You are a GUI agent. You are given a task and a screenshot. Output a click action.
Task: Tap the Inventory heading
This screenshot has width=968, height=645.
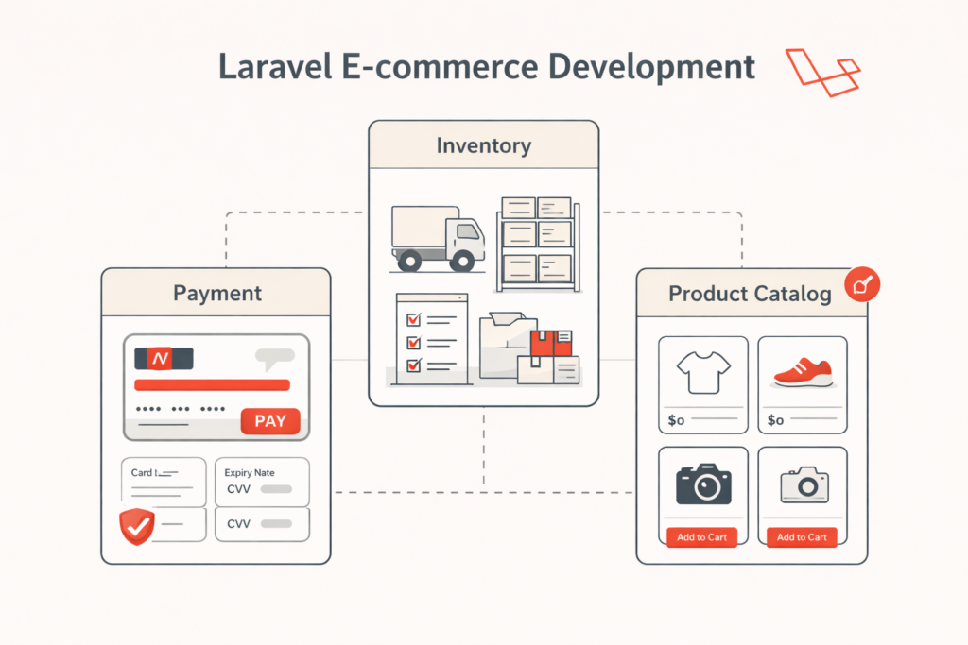(x=483, y=145)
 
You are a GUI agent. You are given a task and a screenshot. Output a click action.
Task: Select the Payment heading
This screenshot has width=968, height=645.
(x=216, y=293)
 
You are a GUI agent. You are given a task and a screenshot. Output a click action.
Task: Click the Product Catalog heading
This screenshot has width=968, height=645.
(x=750, y=294)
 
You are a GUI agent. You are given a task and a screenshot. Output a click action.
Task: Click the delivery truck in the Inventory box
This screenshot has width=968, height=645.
(x=438, y=237)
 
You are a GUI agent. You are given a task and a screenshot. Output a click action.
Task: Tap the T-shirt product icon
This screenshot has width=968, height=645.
(x=703, y=372)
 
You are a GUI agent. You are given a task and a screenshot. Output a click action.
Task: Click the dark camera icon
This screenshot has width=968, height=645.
(x=703, y=483)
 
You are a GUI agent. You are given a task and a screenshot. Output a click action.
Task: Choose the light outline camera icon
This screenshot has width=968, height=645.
(x=804, y=484)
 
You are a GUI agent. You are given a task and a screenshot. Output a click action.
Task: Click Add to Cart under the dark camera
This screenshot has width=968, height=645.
(x=702, y=537)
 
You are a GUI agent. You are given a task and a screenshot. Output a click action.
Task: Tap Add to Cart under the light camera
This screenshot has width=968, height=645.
(x=802, y=537)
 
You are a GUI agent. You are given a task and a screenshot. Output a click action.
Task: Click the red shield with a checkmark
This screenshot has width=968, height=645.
(x=137, y=526)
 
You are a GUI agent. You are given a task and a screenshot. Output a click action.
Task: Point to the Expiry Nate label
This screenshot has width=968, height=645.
(x=250, y=472)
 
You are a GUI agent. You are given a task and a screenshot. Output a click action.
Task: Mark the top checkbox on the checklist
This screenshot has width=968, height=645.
(x=412, y=321)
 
